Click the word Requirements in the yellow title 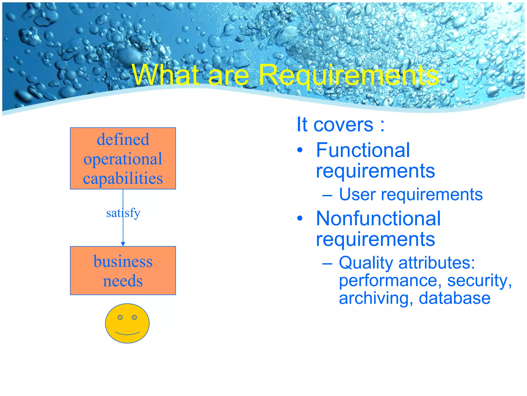(x=349, y=75)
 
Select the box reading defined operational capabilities (x=123, y=158)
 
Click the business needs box (x=123, y=270)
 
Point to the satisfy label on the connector (x=123, y=213)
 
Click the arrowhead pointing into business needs (x=123, y=244)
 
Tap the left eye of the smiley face (x=120, y=317)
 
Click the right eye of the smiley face (x=134, y=317)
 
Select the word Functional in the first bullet (x=363, y=150)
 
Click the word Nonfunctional (x=378, y=219)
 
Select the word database (x=454, y=298)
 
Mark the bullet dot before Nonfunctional (x=300, y=219)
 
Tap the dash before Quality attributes (x=327, y=263)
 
